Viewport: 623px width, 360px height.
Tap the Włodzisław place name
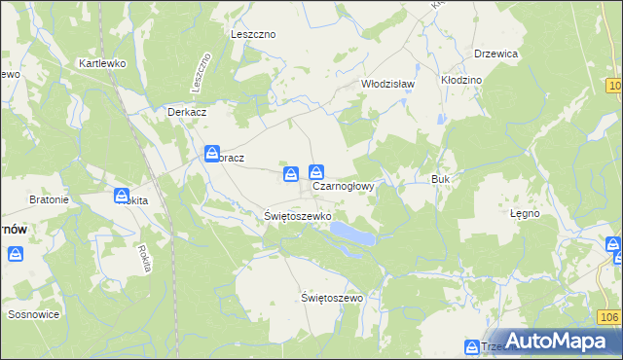click(388, 84)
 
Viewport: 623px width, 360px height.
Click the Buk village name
click(440, 180)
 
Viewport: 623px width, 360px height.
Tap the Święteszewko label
click(299, 215)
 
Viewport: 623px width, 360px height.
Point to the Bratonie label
click(49, 200)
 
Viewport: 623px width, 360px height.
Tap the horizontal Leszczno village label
click(253, 34)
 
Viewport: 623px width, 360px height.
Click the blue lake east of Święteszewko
click(351, 234)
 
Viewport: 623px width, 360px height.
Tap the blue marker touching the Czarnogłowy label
click(316, 172)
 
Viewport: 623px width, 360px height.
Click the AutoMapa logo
click(556, 342)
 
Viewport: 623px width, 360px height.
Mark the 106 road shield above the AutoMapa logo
click(608, 318)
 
